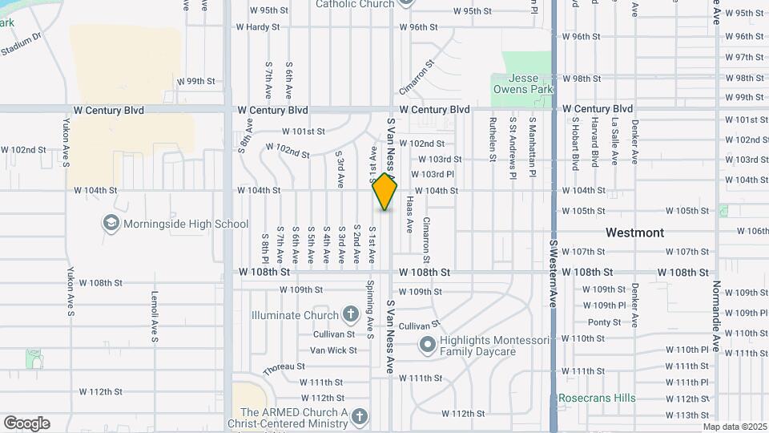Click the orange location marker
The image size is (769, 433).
pyautogui.click(x=384, y=192)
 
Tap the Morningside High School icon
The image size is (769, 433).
pyautogui.click(x=111, y=224)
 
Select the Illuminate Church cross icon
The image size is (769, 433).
pyautogui.click(x=349, y=314)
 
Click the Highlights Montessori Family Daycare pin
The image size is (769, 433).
pyautogui.click(x=427, y=346)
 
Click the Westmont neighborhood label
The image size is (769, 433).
pyautogui.click(x=634, y=233)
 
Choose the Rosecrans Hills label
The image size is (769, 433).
pyautogui.click(x=597, y=398)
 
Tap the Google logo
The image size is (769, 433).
pyautogui.click(x=26, y=423)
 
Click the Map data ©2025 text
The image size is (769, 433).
pyautogui.click(x=734, y=427)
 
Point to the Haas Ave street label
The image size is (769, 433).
pyautogui.click(x=409, y=214)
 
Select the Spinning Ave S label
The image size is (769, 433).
pyautogui.click(x=370, y=309)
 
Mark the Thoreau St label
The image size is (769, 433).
pyautogui.click(x=280, y=368)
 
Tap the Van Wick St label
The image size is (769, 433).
pyautogui.click(x=333, y=350)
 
